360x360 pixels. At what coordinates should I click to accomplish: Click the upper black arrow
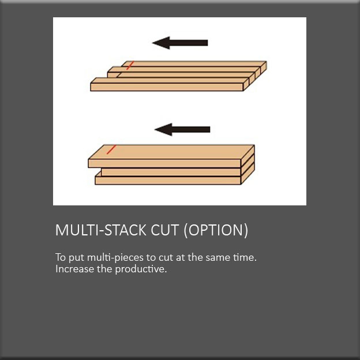click(180, 43)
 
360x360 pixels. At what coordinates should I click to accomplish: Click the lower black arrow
click(182, 129)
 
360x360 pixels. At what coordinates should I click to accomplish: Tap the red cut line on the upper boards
click(130, 65)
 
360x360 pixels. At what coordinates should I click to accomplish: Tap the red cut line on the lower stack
click(111, 149)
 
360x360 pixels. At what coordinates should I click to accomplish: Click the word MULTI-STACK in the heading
click(101, 230)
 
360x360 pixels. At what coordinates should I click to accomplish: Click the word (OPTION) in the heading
click(216, 230)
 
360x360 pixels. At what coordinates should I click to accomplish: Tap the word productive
click(141, 269)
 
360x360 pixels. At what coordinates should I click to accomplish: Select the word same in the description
click(216, 258)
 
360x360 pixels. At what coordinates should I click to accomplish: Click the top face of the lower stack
click(171, 152)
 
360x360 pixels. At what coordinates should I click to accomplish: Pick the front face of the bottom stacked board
click(168, 181)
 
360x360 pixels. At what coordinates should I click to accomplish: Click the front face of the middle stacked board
click(171, 172)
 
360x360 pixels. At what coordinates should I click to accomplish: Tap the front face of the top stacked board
click(164, 163)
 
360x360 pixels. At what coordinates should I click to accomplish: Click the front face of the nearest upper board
click(167, 87)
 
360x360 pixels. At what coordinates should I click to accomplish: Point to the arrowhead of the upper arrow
click(161, 43)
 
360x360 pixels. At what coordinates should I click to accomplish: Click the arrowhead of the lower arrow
click(163, 129)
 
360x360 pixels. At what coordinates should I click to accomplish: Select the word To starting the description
click(61, 257)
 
